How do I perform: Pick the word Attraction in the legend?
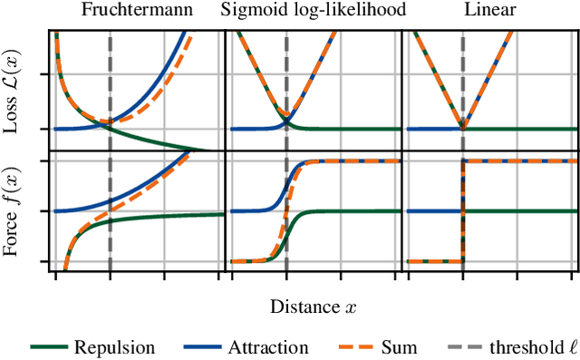point(268,346)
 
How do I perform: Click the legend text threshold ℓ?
point(522,346)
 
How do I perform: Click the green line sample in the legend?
point(51,346)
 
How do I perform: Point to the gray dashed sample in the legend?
point(460,346)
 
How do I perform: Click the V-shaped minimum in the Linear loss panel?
point(462,128)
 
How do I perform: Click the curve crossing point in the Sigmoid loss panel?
point(286,120)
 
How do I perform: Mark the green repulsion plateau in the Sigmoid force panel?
point(362,211)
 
